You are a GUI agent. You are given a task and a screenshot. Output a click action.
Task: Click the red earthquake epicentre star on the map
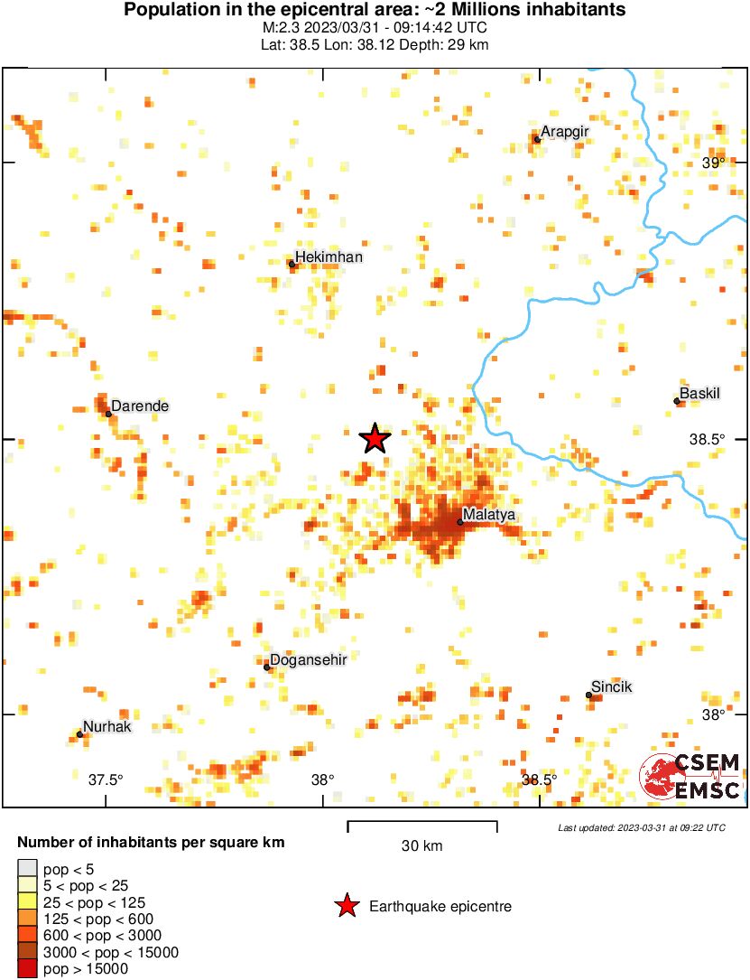375,438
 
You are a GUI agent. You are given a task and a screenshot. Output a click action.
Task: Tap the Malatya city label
488,515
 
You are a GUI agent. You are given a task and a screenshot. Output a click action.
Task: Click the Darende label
140,406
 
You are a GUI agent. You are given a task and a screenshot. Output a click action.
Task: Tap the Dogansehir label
310,659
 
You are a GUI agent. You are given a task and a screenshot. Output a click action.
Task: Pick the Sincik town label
611,687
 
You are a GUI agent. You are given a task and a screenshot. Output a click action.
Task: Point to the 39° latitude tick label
714,163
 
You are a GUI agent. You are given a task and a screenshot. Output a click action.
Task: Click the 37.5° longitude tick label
106,779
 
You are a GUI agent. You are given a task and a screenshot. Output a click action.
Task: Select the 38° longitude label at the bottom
323,779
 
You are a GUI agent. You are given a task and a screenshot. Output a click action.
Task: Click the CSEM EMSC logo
690,777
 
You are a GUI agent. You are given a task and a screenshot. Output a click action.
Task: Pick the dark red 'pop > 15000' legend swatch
27,968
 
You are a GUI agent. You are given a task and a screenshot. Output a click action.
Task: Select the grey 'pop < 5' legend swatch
27,869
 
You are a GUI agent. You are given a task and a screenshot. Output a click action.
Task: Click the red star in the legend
346,906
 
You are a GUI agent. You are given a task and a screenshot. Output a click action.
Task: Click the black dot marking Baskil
676,401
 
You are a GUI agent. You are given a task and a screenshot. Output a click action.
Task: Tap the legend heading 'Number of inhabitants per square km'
151,843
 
